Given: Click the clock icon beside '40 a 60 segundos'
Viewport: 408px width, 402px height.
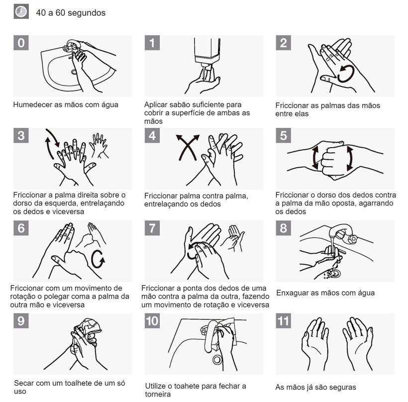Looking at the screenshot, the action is point(21,11).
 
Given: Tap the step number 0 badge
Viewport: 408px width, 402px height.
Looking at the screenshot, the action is point(21,43).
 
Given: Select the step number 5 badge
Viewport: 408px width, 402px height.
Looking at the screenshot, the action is point(284,135).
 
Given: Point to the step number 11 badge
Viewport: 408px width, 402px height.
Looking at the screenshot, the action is point(284,321).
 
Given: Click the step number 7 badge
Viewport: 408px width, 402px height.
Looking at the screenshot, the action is point(152,228).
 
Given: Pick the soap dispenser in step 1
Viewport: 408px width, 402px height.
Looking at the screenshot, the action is point(207,52).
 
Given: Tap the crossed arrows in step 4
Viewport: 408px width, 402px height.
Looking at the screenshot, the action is point(188,147).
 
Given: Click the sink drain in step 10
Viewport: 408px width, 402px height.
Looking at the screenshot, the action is point(217,360).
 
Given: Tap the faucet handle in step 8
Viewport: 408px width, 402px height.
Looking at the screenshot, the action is point(353,238).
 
